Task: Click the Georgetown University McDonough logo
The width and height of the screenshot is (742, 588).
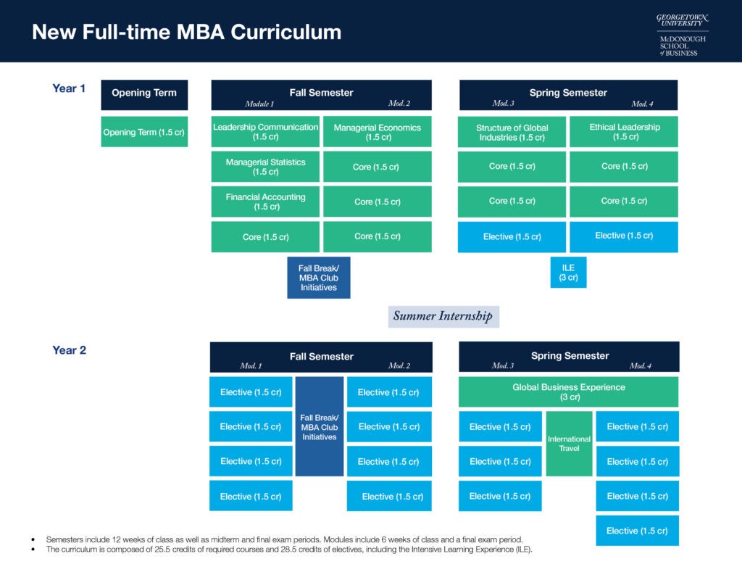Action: coord(682,34)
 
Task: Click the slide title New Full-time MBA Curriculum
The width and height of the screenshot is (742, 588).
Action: coord(186,33)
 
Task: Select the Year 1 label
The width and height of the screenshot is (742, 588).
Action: coord(69,88)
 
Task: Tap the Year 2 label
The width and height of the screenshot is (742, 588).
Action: coord(69,350)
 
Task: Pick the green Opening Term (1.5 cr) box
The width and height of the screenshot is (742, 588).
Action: coord(144,132)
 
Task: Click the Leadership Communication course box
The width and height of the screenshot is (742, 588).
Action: coord(265,131)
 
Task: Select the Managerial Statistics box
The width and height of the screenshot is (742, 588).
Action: coord(265,167)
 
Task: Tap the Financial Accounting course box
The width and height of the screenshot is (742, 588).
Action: coord(265,202)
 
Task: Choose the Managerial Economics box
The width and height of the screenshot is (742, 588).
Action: coord(377,132)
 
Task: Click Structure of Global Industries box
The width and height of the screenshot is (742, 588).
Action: coord(512,132)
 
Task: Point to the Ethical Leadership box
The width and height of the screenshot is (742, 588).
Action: coord(624,131)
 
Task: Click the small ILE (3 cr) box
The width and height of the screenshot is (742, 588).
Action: coord(568,273)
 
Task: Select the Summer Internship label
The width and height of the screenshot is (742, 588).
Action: coord(443,316)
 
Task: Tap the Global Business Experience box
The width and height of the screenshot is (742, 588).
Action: coord(568,392)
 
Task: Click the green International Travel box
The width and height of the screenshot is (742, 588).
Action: coord(569,444)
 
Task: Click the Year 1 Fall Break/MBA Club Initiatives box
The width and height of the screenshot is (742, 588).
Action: coord(318,278)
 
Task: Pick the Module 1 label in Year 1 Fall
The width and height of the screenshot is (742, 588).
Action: coord(260,104)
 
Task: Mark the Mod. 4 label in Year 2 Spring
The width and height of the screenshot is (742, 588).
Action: coord(640,365)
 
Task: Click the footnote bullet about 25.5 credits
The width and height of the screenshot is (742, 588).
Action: coord(288,550)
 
